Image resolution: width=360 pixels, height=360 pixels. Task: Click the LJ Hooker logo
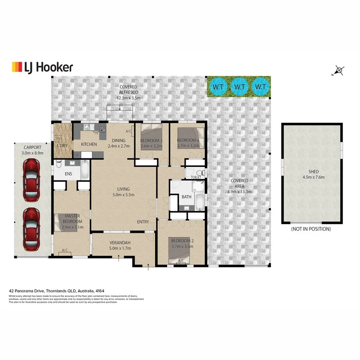pos(42,67)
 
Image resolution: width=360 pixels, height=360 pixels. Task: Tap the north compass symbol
pos(339,71)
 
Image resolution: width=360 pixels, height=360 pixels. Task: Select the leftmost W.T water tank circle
pos(218,86)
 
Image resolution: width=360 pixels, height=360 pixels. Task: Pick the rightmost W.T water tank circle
pos(261,86)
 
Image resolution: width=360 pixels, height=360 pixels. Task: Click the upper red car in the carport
pos(32,180)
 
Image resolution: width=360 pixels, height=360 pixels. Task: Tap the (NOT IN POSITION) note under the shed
pos(311,229)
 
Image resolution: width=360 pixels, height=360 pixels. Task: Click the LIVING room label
pos(123,189)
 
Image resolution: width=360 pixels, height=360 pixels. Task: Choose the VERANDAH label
pos(120,243)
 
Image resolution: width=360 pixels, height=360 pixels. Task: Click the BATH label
pos(186,197)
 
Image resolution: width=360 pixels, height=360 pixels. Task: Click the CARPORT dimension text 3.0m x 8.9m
pos(32,153)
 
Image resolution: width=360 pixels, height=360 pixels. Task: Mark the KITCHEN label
pos(89,144)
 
